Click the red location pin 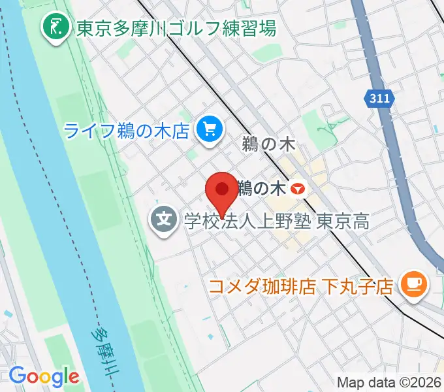pyautogui.click(x=221, y=191)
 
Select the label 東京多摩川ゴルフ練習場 pyautogui.click(x=176, y=28)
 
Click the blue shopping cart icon pyautogui.click(x=209, y=129)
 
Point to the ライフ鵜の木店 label pyautogui.click(x=127, y=130)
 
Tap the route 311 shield pyautogui.click(x=380, y=99)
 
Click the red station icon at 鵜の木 pyautogui.click(x=298, y=189)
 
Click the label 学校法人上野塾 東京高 pyautogui.click(x=276, y=221)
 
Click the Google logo pyautogui.click(x=44, y=376)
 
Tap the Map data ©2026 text pyautogui.click(x=389, y=383)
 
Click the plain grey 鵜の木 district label pyautogui.click(x=264, y=144)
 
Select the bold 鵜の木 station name pyautogui.click(x=261, y=189)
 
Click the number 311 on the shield pyautogui.click(x=380, y=99)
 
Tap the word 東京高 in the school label pyautogui.click(x=343, y=221)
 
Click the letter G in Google pyautogui.click(x=17, y=376)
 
